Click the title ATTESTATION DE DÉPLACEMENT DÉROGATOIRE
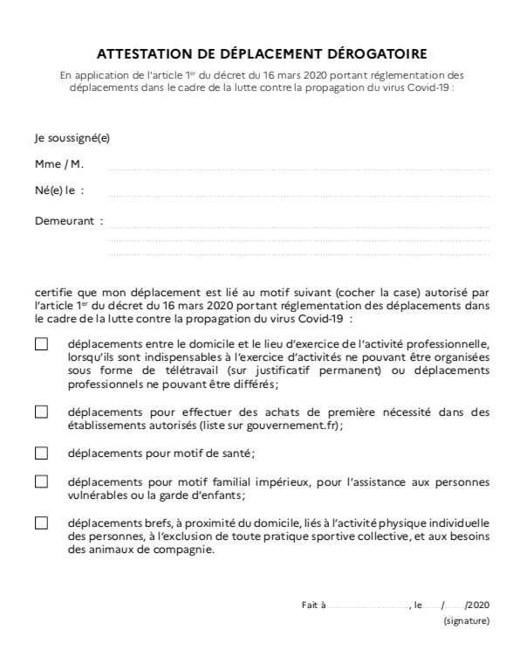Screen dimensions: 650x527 click(263, 53)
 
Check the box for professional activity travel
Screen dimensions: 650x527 click(41, 344)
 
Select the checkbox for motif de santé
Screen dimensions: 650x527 click(41, 453)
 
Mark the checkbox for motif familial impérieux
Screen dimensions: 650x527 click(41, 481)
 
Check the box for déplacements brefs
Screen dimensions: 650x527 click(41, 522)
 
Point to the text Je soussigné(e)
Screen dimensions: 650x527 click(72, 138)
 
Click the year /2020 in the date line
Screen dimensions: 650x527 click(478, 604)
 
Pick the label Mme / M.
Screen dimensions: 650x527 click(59, 164)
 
